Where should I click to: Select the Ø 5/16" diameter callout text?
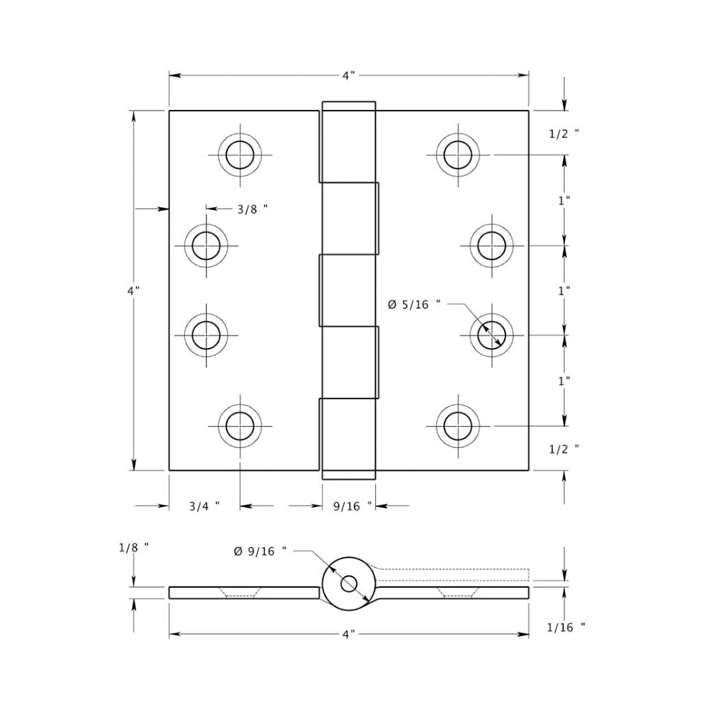click(x=413, y=304)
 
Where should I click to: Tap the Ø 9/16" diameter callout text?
click(x=260, y=551)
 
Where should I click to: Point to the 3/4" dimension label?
click(x=203, y=506)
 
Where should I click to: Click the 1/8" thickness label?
click(x=133, y=547)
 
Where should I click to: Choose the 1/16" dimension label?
click(x=566, y=627)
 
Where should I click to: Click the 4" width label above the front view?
click(x=348, y=75)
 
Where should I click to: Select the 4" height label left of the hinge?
click(x=133, y=291)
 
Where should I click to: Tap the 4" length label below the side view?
click(x=348, y=635)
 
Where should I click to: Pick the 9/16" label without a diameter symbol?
click(x=352, y=506)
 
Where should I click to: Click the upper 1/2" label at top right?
click(x=564, y=133)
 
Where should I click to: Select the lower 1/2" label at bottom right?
click(x=564, y=448)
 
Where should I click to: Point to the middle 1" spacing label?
click(x=564, y=291)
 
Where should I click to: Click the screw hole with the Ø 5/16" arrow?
click(x=491, y=335)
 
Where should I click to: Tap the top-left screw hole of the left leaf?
click(x=240, y=155)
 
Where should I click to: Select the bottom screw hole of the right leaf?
click(x=457, y=425)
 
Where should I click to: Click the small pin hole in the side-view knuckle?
click(x=349, y=584)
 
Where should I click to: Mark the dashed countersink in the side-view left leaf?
click(x=240, y=592)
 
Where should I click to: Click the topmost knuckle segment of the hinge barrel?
click(x=348, y=142)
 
